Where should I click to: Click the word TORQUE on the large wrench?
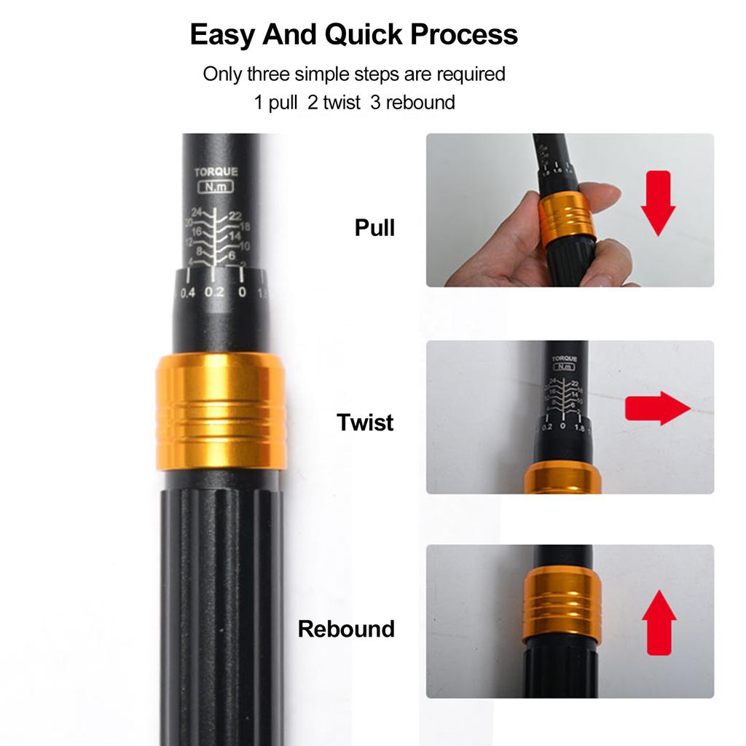(x=216, y=173)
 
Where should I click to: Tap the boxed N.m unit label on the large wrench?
(x=216, y=188)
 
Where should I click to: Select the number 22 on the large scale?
(x=235, y=216)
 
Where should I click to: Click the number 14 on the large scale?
(x=235, y=236)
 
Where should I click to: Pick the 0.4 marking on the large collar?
(x=188, y=292)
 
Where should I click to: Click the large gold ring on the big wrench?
(x=221, y=411)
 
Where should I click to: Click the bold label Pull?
(x=374, y=228)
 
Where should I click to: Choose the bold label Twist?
(x=365, y=423)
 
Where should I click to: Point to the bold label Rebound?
(x=346, y=629)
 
